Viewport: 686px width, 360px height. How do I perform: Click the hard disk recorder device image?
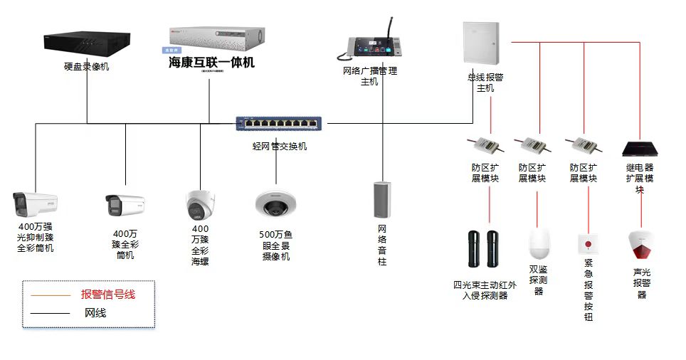88,41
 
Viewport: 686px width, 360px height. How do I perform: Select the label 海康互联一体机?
211,63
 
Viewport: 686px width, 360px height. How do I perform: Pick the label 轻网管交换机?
280,147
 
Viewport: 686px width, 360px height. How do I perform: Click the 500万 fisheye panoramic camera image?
275,205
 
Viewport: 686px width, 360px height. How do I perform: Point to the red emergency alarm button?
588,244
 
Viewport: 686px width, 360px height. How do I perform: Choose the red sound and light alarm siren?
640,245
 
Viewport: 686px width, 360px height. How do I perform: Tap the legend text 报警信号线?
108,294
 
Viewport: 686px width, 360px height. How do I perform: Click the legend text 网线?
95,312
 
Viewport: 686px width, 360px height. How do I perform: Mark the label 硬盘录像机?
87,67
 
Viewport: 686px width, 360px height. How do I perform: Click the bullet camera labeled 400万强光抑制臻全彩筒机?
35,204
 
